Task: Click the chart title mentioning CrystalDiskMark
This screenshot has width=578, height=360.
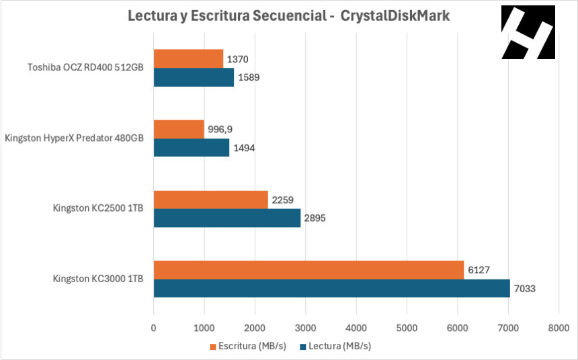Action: point(289,16)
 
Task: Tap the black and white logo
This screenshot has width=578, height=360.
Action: point(528,32)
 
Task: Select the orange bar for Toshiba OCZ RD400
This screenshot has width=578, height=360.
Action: point(188,59)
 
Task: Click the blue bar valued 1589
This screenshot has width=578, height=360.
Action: point(194,77)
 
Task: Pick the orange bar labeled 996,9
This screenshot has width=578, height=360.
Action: point(179,130)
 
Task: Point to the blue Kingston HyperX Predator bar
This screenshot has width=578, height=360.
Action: point(192,148)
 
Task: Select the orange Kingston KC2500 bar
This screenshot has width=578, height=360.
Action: point(211,199)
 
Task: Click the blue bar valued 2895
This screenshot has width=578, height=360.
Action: point(227,218)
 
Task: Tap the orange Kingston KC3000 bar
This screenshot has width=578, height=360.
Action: point(308,270)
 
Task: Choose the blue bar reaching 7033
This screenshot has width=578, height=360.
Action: point(331,288)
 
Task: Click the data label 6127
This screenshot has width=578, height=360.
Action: point(478,271)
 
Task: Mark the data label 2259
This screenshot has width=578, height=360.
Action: point(282,200)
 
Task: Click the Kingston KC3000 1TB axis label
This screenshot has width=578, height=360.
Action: point(98,279)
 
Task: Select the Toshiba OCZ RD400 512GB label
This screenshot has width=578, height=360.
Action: point(85,67)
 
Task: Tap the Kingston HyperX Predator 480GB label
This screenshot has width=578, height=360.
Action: point(74,138)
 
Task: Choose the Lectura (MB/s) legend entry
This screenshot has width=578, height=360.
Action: point(335,347)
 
